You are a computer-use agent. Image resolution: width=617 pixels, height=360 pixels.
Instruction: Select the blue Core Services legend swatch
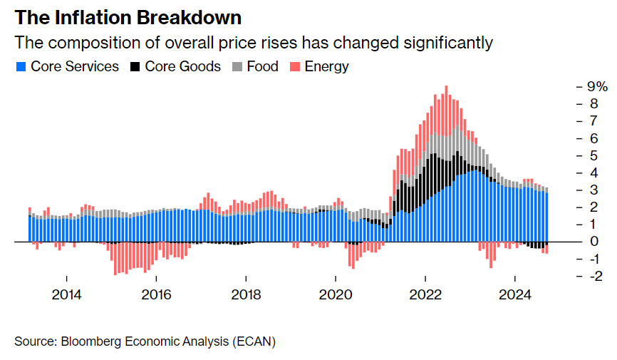pos(21,67)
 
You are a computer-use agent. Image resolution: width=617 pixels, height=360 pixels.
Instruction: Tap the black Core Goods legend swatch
pos(135,67)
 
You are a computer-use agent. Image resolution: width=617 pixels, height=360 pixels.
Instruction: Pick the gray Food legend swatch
pos(237,67)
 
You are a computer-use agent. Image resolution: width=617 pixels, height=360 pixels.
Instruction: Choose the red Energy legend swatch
pos(294,67)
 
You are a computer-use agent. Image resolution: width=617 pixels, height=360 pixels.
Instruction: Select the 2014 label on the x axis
pos(66,294)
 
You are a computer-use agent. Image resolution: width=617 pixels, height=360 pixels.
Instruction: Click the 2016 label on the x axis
pos(156,294)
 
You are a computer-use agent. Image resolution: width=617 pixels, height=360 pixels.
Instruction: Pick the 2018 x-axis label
pos(246,294)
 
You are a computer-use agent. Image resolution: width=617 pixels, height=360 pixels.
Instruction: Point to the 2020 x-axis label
pos(336,294)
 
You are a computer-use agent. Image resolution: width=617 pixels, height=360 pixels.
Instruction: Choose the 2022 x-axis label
pos(425,294)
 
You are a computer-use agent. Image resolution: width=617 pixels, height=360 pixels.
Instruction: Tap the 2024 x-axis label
pos(515,294)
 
